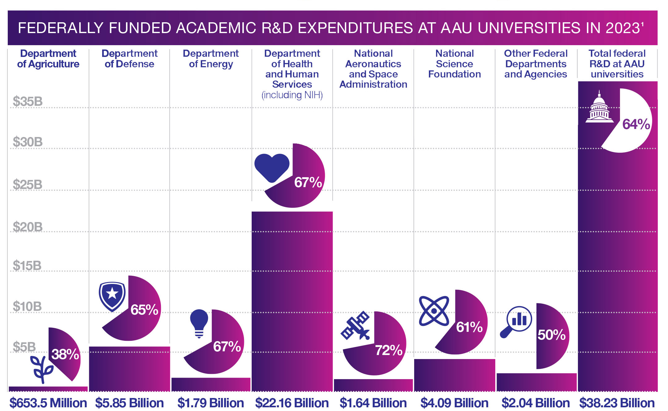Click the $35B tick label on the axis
click(28, 102)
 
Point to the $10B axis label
click(27, 306)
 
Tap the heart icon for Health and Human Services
click(271, 167)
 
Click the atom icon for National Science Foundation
click(434, 311)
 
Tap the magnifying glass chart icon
click(516, 322)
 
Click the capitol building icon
click(599, 107)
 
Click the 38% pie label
click(65, 354)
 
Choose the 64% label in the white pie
click(636, 124)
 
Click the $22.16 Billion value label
click(292, 403)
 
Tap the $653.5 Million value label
click(48, 403)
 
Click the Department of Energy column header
click(210, 59)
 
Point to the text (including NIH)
click(292, 95)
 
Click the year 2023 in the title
click(622, 28)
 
